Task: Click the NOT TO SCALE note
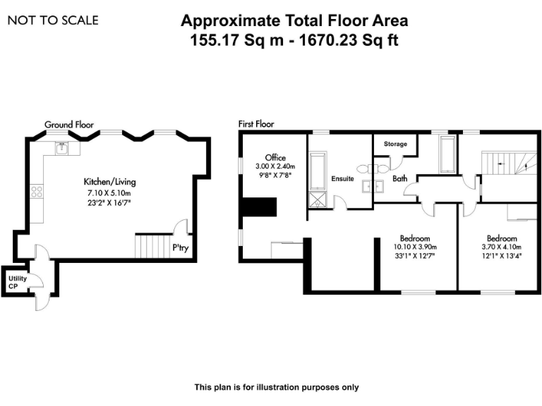pyautogui.click(x=53, y=20)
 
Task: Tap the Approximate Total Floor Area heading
pyautogui.click(x=294, y=21)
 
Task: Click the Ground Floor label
pyautogui.click(x=69, y=124)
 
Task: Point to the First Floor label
pyautogui.click(x=256, y=124)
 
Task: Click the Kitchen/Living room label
pyautogui.click(x=109, y=182)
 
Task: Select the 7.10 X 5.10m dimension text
pyautogui.click(x=109, y=192)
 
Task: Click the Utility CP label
pyautogui.click(x=18, y=282)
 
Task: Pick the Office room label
pyautogui.click(x=275, y=156)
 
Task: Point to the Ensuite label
pyautogui.click(x=342, y=179)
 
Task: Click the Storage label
pyautogui.click(x=395, y=144)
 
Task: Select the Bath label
pyautogui.click(x=400, y=179)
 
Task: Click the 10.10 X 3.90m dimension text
pyautogui.click(x=415, y=247)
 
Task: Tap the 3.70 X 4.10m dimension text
pyautogui.click(x=502, y=247)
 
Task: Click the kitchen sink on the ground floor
pyautogui.click(x=62, y=148)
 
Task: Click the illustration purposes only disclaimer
pyautogui.click(x=277, y=387)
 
